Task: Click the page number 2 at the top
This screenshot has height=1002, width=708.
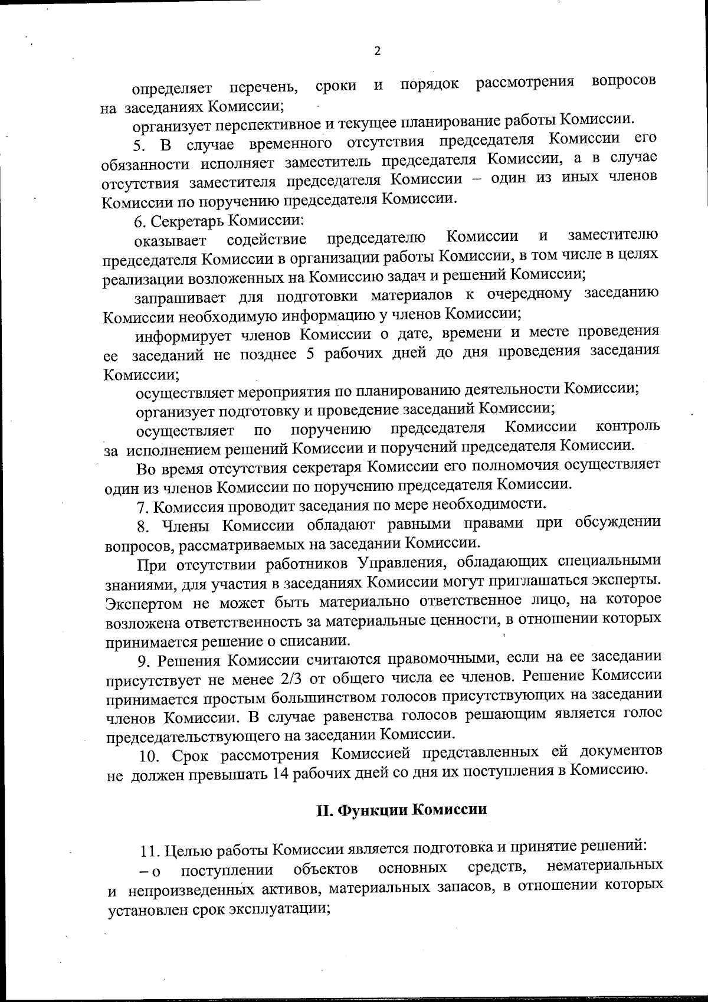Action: tap(378, 51)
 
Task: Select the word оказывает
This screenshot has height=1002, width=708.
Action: tap(171, 241)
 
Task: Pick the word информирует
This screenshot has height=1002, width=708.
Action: tap(181, 336)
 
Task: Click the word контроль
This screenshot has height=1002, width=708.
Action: tap(628, 426)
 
